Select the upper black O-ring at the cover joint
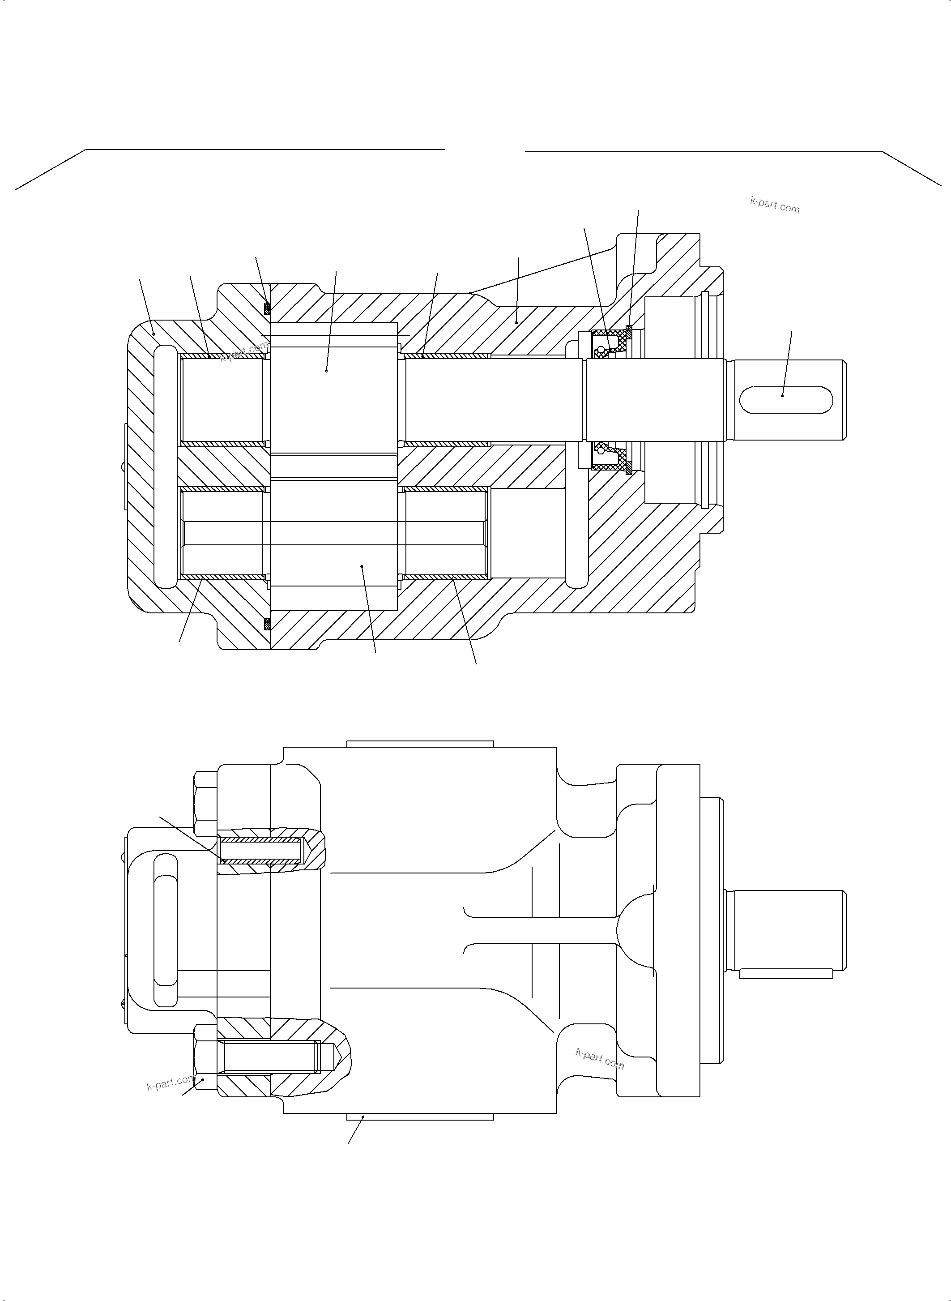[267, 309]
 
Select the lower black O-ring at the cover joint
[267, 624]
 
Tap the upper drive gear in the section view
[333, 392]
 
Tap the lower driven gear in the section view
[333, 544]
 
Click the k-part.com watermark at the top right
[774, 205]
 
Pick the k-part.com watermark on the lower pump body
[599, 1058]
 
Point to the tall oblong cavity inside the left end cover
[165, 466]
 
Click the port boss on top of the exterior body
[420, 744]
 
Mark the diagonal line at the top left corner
[51, 169]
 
